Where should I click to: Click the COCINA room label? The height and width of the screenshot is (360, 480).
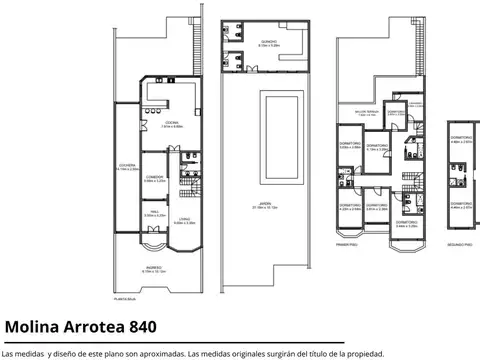pyautogui.click(x=172, y=124)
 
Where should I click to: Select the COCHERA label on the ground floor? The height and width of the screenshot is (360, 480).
pyautogui.click(x=126, y=167)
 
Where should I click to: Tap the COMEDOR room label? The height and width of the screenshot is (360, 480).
pyautogui.click(x=154, y=177)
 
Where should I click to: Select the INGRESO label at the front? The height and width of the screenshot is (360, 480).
pyautogui.click(x=153, y=268)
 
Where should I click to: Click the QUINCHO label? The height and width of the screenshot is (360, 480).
pyautogui.click(x=265, y=42)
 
